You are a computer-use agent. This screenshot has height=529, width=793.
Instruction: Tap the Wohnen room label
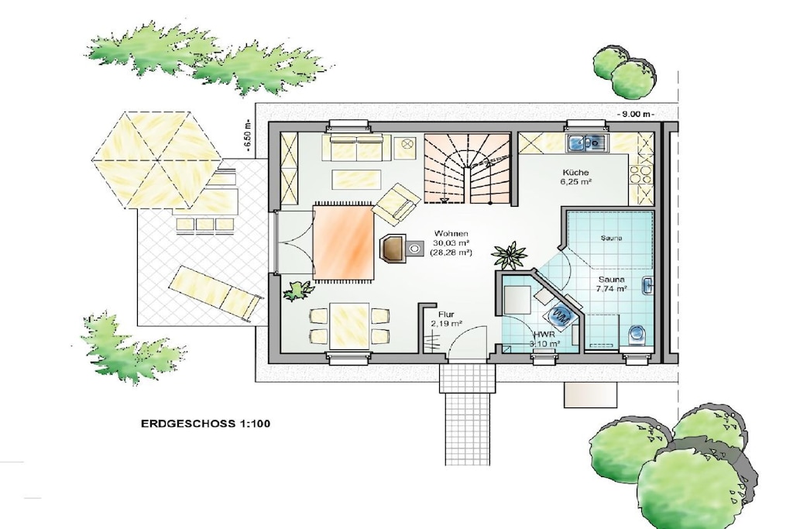click(451, 234)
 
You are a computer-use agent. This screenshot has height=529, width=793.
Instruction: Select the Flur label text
click(446, 314)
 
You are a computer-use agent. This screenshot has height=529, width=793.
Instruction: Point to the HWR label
click(544, 335)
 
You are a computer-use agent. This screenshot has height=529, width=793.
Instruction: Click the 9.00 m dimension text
click(636, 115)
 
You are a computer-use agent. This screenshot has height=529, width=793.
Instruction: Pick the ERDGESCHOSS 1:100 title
click(205, 424)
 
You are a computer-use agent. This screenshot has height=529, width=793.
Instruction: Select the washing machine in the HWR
click(560, 316)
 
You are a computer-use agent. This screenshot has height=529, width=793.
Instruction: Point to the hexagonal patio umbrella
click(156, 160)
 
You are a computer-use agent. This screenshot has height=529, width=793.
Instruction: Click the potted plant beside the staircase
click(509, 256)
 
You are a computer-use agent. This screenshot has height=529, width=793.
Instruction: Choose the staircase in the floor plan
click(466, 168)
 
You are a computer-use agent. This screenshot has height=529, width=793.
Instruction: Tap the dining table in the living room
click(349, 326)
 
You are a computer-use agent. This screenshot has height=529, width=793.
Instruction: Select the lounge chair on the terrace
click(217, 294)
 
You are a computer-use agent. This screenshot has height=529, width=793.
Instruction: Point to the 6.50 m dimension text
click(247, 136)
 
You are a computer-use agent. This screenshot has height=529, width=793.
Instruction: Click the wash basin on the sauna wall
click(648, 287)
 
